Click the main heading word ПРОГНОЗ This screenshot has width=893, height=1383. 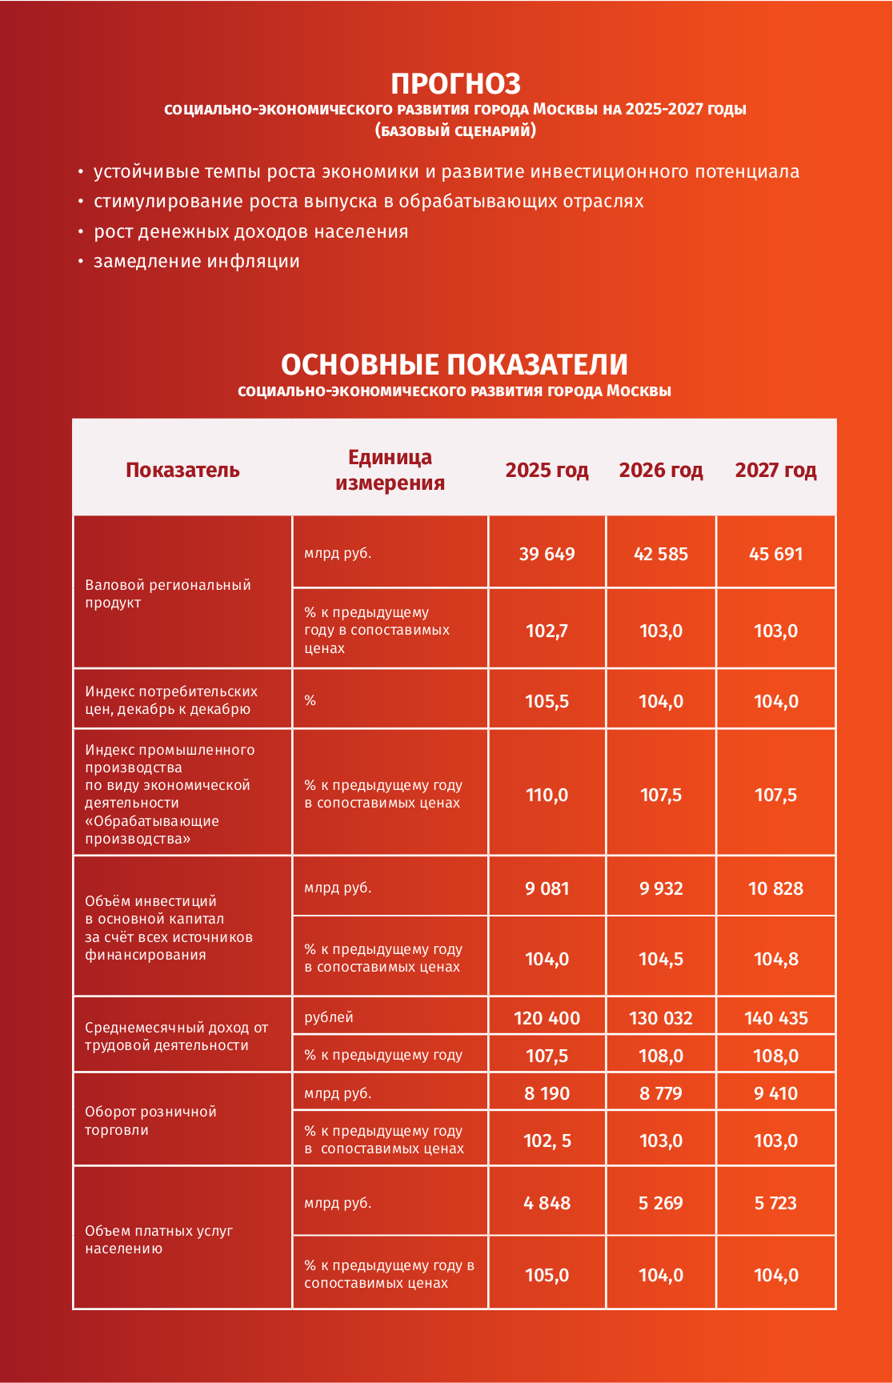tap(455, 84)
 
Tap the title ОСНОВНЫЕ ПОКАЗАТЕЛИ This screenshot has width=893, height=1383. tap(454, 365)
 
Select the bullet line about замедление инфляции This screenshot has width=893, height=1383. tap(196, 262)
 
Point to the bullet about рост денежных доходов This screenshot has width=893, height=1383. tap(250, 232)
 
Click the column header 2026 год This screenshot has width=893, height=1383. tap(661, 470)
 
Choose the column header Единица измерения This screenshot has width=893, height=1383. tap(390, 470)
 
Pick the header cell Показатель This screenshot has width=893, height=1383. tap(182, 470)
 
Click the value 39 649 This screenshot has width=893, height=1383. tap(547, 554)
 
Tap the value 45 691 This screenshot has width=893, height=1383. tap(775, 554)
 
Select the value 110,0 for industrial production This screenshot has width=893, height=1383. tap(547, 795)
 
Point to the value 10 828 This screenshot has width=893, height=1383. tap(775, 888)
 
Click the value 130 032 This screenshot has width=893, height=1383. tap(661, 1018)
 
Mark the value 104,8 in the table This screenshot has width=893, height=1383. tap(775, 959)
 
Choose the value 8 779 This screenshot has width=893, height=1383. tap(661, 1093)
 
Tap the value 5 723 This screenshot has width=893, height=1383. tap(775, 1203)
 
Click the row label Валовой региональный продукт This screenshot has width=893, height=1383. tap(168, 594)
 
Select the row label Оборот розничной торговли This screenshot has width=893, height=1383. tap(150, 1120)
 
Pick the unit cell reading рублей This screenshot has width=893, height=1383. tap(329, 1017)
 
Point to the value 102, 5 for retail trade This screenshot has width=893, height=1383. tap(547, 1140)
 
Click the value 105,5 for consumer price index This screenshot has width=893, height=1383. tap(547, 701)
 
